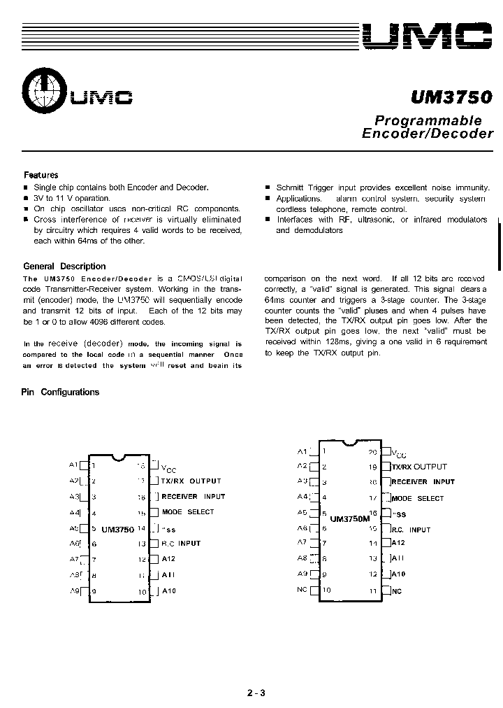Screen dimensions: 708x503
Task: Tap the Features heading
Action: (41, 175)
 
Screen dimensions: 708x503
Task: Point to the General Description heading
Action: (64, 267)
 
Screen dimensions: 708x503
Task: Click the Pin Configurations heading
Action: (61, 392)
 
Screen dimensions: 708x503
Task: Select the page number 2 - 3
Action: (256, 693)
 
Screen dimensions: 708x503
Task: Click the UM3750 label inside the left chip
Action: (117, 530)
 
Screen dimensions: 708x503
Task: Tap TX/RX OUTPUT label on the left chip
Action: (191, 481)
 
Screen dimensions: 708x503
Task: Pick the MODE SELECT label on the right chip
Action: (418, 498)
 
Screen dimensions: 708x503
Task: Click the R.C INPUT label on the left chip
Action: (181, 543)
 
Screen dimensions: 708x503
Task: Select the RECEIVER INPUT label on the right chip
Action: (423, 481)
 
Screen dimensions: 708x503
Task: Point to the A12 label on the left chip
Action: (168, 559)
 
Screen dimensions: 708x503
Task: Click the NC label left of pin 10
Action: (302, 590)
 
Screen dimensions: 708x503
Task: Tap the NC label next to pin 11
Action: (397, 591)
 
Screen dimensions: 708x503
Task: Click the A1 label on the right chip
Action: (302, 451)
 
